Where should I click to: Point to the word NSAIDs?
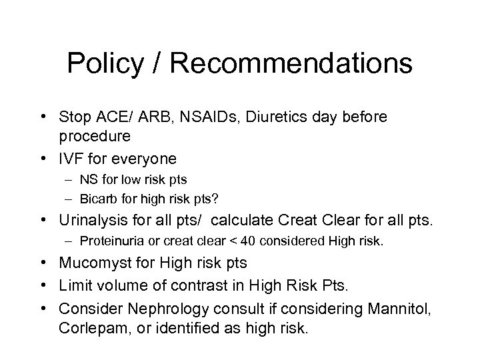pos(208,117)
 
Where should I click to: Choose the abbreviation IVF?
pos(73,159)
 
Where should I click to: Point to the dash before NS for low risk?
pos(69,181)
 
